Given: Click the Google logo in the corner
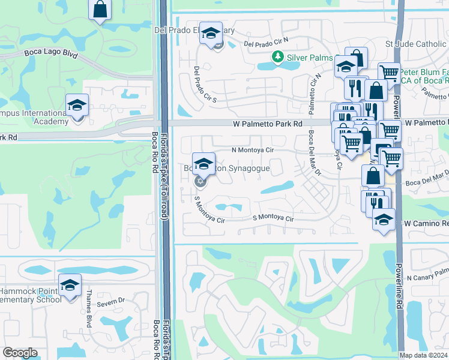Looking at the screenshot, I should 20,353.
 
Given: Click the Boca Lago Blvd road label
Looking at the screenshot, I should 51,53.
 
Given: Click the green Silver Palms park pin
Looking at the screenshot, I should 277,56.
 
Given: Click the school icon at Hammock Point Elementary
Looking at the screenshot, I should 70,285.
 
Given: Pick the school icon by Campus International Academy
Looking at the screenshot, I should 77,106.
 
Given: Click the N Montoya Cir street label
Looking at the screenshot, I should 253,150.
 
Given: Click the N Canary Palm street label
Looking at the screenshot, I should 427,278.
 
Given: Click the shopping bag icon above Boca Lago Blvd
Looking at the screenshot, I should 100,10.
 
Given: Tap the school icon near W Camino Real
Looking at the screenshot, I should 384,220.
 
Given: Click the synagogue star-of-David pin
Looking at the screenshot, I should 200,181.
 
